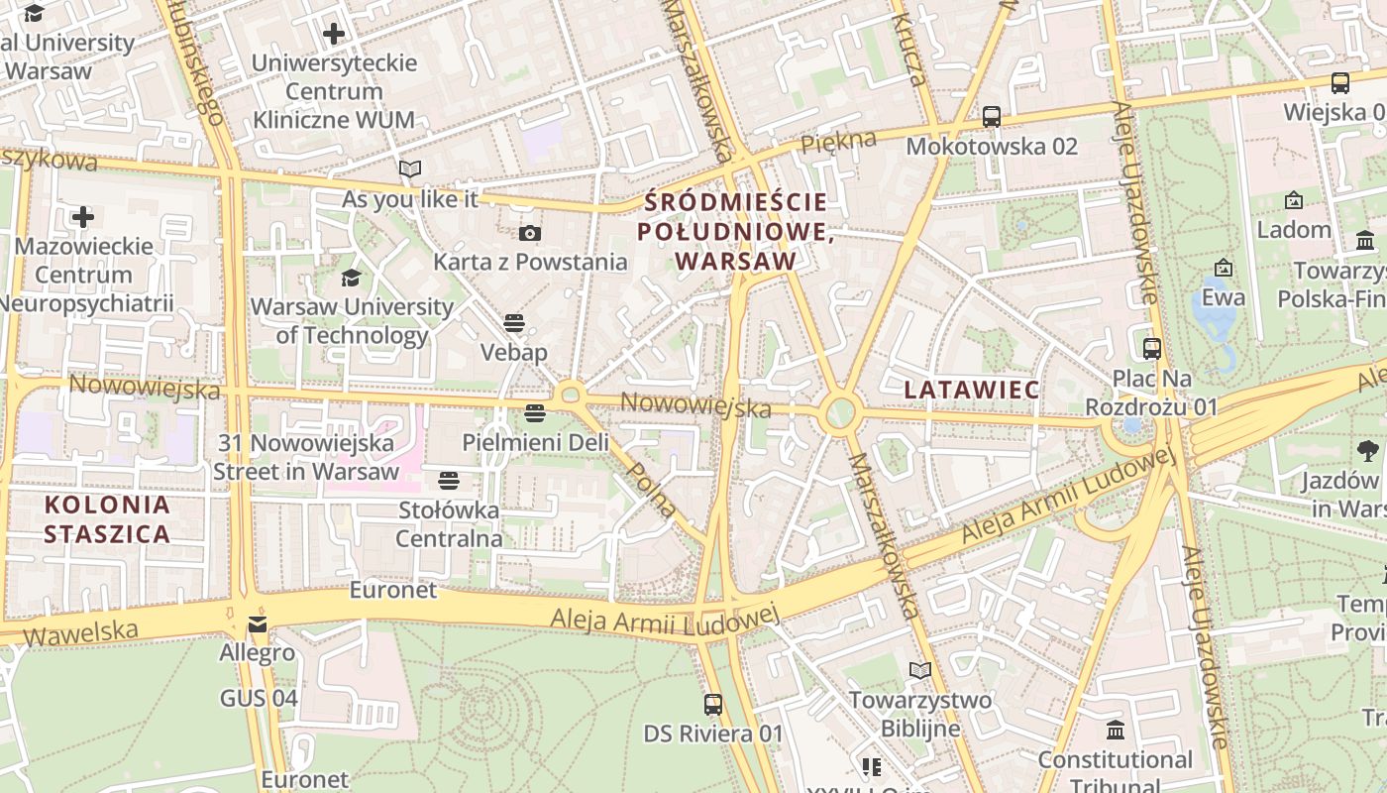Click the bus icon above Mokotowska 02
[x=991, y=117]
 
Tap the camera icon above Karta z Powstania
[x=530, y=234]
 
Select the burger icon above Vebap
[x=513, y=323]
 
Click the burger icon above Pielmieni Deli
[x=535, y=412]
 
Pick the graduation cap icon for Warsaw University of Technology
[x=351, y=278]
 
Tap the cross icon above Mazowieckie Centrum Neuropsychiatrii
[x=83, y=216]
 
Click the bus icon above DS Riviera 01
[x=712, y=705]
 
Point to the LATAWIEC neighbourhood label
[x=971, y=390]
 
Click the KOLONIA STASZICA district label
[x=107, y=519]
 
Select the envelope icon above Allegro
[x=258, y=624]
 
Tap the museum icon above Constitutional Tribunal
[x=1116, y=731]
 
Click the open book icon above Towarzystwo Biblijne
[x=920, y=671]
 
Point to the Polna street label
[x=653, y=491]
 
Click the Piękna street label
[x=838, y=142]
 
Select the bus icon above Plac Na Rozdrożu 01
[x=1151, y=349]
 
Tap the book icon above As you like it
[x=409, y=170]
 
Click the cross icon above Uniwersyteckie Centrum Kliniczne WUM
[x=334, y=34]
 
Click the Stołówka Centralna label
[x=449, y=524]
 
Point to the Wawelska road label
[x=81, y=630]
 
